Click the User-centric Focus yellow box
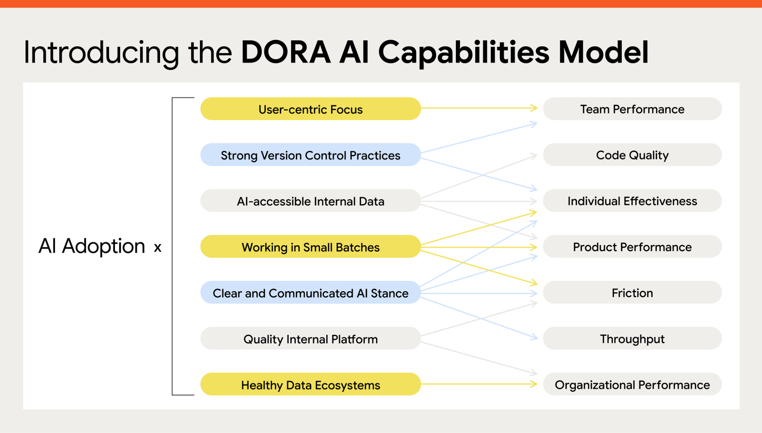310,109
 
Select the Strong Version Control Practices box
310,155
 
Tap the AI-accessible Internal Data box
310,201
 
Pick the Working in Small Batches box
310,247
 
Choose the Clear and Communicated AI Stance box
310,293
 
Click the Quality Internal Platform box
310,339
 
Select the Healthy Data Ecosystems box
310,385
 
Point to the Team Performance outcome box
632,109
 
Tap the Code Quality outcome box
632,155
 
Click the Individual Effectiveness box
632,201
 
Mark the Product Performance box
632,247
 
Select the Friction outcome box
632,293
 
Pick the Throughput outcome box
632,339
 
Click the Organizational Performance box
632,385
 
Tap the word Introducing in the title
101,53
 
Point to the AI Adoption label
92,246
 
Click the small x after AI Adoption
157,248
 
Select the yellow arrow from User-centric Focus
480,108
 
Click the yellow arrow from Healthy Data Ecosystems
480,384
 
